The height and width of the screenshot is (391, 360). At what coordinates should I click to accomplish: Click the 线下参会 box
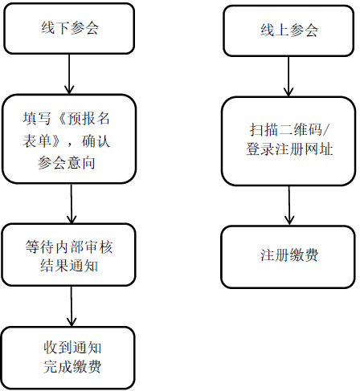tap(70, 30)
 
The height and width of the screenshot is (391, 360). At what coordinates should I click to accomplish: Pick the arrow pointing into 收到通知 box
tap(72, 306)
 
